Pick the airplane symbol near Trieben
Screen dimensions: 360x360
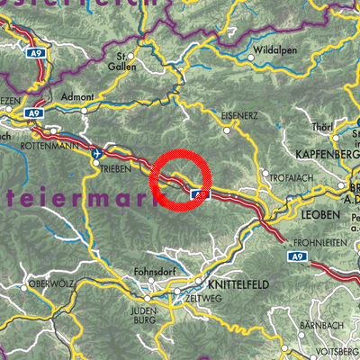tap(95, 154)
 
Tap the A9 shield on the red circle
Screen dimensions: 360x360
tap(200, 193)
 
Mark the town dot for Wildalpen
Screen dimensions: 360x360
tap(250, 56)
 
